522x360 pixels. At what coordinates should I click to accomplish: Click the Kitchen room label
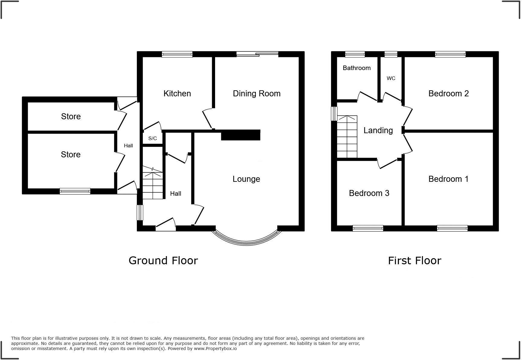click(x=177, y=94)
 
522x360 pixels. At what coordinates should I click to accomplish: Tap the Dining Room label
click(x=256, y=94)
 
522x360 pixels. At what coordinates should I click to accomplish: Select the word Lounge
click(x=246, y=179)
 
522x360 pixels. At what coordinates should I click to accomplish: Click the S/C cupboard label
click(x=153, y=139)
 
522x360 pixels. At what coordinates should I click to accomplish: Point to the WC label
click(x=391, y=79)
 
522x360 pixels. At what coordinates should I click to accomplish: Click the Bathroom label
click(x=356, y=68)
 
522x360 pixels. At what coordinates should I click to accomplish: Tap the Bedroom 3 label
click(x=369, y=193)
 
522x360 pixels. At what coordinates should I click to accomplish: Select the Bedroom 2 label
click(x=448, y=94)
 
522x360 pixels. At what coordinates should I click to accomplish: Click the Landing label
click(x=378, y=130)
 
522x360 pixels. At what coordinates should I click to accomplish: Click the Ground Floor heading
click(x=163, y=261)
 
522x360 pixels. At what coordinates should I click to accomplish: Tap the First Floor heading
click(x=414, y=261)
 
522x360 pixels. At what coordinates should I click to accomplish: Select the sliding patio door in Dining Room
click(x=257, y=54)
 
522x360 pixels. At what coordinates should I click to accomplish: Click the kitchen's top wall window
click(x=177, y=54)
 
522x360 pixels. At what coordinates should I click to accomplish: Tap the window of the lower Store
click(x=75, y=191)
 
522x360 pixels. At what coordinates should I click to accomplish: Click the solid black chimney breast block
click(x=240, y=135)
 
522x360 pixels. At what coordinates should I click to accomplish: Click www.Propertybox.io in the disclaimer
click(x=215, y=349)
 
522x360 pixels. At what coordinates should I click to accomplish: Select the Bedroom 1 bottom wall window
click(x=452, y=228)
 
